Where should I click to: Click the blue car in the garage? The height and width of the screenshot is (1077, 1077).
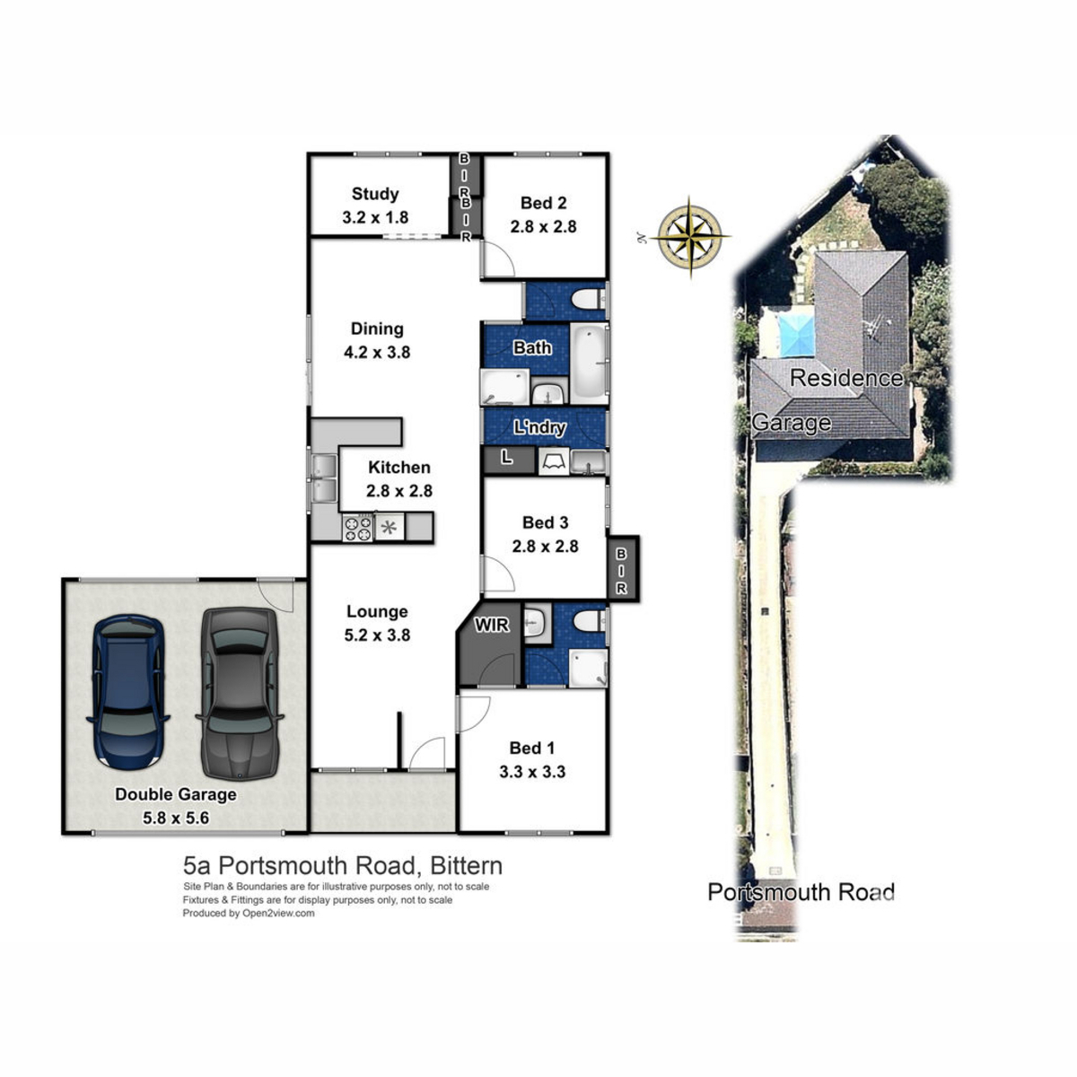pos(128,692)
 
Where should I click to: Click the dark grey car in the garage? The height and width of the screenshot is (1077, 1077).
pos(240,694)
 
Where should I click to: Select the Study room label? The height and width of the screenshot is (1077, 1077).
pos(375,195)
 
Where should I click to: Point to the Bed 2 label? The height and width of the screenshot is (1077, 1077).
pos(543,203)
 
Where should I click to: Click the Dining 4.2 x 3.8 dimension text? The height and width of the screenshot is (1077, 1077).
pos(377,353)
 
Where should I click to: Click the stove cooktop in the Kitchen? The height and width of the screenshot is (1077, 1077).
pos(358,528)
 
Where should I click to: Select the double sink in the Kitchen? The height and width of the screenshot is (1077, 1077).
pos(324,478)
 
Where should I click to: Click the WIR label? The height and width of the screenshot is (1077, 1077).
pos(492,625)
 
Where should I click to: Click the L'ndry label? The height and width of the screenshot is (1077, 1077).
pos(539,427)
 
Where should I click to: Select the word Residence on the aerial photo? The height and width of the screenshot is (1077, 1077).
pos(846,379)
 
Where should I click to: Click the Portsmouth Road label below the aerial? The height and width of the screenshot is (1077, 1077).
pos(801,892)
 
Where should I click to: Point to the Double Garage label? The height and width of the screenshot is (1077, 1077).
pos(176,794)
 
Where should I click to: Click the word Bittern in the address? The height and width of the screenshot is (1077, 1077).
pos(466,866)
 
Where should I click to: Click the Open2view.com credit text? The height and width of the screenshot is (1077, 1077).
pos(277,914)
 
